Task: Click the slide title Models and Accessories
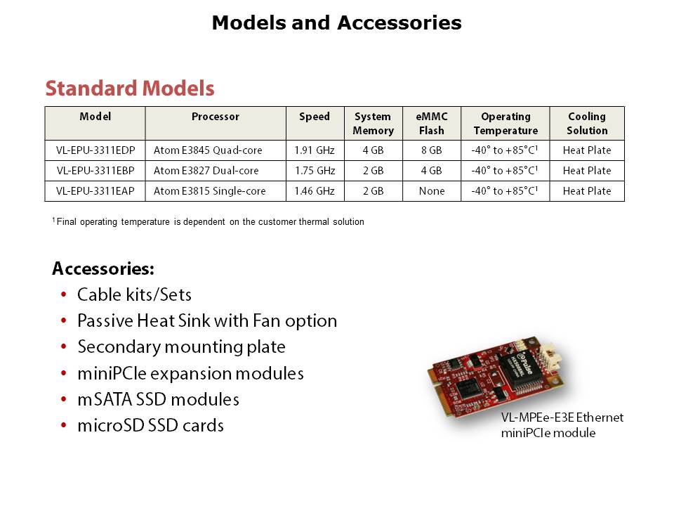tap(336, 22)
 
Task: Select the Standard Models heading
tap(130, 89)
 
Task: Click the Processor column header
tap(216, 117)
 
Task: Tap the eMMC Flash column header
tap(432, 124)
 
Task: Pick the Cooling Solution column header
tap(587, 124)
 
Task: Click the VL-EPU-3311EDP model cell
tap(95, 150)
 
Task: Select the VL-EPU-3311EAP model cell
tap(95, 191)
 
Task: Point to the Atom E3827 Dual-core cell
tap(206, 171)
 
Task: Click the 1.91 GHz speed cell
tap(315, 150)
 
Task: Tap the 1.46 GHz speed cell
tap(315, 191)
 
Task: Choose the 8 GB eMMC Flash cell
tap(432, 150)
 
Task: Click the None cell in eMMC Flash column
tap(432, 191)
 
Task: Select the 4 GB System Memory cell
tap(373, 150)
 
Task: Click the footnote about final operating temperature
tap(208, 221)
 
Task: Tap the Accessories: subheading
tap(103, 268)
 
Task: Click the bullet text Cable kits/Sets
tap(134, 294)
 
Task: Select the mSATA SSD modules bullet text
tap(158, 399)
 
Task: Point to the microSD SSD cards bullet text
tap(150, 426)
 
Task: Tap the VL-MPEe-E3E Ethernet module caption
tap(562, 425)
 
